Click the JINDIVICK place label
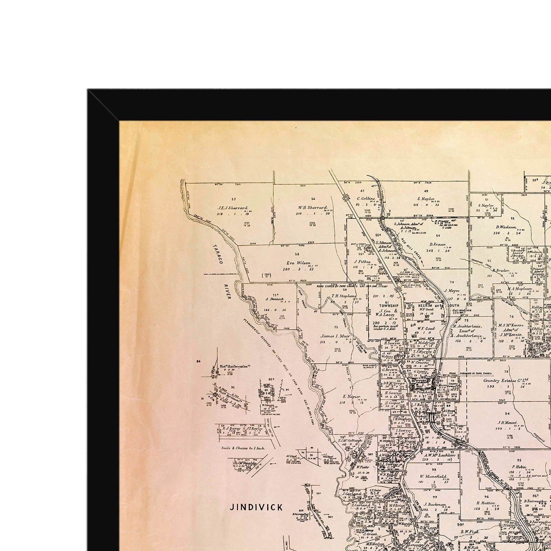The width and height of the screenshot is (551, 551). click(x=257, y=507)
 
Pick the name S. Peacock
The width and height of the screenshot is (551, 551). click(x=274, y=299)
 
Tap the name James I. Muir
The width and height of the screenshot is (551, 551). click(x=335, y=336)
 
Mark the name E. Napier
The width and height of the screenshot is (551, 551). click(x=352, y=396)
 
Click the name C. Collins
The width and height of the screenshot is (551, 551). click(x=366, y=198)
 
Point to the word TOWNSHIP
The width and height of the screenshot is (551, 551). click(x=389, y=305)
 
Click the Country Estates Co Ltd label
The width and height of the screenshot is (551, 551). click(x=506, y=381)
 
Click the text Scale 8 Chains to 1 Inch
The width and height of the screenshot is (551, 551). click(x=241, y=448)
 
